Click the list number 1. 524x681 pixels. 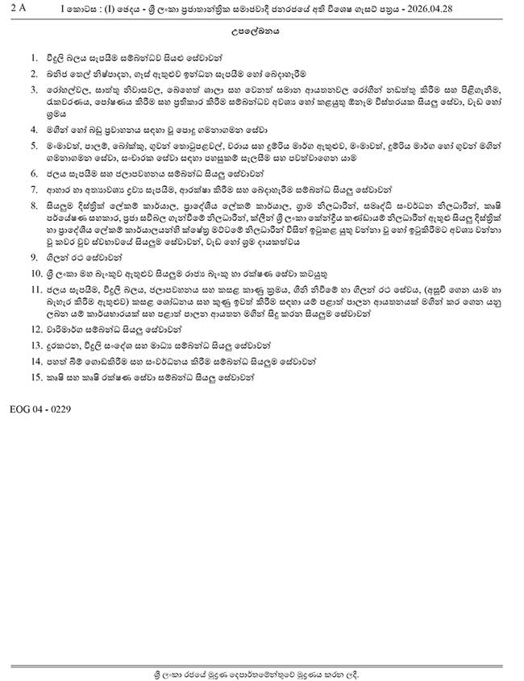pyautogui.click(x=33, y=58)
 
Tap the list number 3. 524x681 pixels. pyautogui.click(x=33, y=90)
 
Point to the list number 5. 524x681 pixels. pyautogui.click(x=33, y=145)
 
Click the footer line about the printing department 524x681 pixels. pyautogui.click(x=262, y=671)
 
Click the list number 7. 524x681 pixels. pyautogui.click(x=33, y=189)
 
